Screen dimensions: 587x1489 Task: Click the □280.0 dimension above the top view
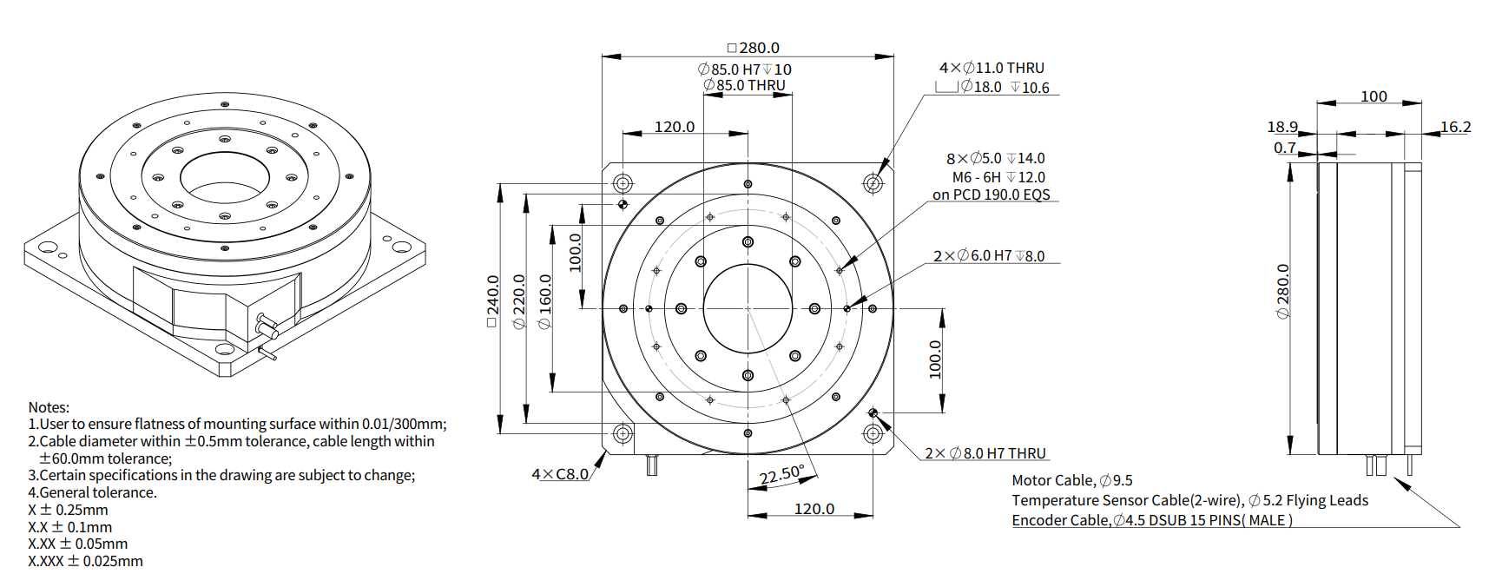(x=754, y=48)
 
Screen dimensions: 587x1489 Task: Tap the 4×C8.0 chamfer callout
(x=560, y=474)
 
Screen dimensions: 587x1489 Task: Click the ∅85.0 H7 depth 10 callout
(x=745, y=69)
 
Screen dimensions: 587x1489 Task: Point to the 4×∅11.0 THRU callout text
(x=992, y=68)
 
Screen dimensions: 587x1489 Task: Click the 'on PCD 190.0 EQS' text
(x=992, y=195)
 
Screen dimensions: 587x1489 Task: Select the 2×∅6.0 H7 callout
(x=989, y=256)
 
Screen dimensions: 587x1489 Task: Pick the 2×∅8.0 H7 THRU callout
(x=985, y=453)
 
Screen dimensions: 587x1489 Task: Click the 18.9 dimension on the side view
(x=1282, y=127)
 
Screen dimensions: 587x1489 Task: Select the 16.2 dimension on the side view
(x=1456, y=127)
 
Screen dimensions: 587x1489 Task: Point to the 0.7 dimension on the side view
(x=1284, y=148)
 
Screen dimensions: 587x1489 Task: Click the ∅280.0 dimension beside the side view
(x=1283, y=292)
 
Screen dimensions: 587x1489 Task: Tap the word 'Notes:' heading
(x=49, y=407)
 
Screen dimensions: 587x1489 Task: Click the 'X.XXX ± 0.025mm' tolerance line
(x=85, y=561)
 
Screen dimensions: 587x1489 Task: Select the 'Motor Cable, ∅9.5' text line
(x=1072, y=480)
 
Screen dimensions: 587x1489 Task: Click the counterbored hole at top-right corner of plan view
(x=873, y=183)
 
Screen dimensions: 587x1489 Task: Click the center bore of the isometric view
(x=225, y=178)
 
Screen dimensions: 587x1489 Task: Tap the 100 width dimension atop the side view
(x=1374, y=96)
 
